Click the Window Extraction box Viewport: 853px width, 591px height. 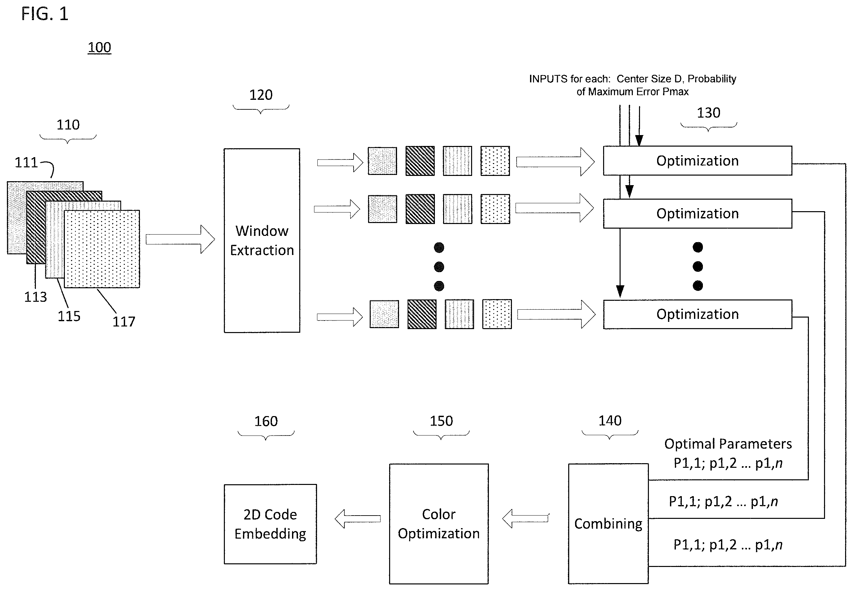[x=262, y=240]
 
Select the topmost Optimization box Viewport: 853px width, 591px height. [x=697, y=160]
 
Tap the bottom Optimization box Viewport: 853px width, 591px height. [x=697, y=314]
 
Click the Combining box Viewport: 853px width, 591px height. [x=608, y=523]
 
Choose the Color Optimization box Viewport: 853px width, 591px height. [x=439, y=523]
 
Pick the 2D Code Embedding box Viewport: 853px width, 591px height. [x=270, y=524]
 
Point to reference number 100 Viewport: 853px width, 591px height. [x=99, y=47]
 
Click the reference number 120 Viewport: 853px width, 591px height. [x=261, y=95]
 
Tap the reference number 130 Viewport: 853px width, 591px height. [x=708, y=113]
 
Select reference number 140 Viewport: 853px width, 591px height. [x=610, y=421]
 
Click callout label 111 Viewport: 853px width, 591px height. [x=26, y=162]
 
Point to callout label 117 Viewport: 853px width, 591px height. [x=123, y=322]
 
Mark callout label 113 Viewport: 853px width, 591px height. [x=36, y=296]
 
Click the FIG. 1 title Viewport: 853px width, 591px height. [x=45, y=14]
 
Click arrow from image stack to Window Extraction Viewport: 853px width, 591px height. [x=180, y=239]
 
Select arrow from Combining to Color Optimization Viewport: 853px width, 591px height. [x=525, y=519]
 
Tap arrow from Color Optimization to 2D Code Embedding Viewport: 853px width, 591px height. [x=358, y=519]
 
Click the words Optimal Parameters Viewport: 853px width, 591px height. [x=728, y=444]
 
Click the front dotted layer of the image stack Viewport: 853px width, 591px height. [x=102, y=249]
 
